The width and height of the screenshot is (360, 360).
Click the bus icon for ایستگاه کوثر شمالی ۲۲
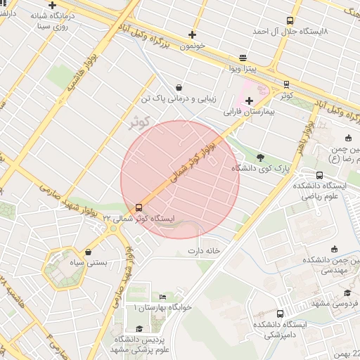pos(139,207)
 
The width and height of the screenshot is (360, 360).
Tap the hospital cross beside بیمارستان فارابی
pos(249,101)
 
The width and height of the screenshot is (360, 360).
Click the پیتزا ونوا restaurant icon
pos(243,58)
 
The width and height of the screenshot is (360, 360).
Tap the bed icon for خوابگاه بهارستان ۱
pos(163,297)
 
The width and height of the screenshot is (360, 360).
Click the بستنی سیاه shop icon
pos(88,252)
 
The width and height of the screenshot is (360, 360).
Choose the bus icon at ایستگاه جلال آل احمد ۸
pos(290,21)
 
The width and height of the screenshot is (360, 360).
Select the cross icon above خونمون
pos(192,34)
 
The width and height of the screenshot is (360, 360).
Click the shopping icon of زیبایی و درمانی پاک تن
pos(179,88)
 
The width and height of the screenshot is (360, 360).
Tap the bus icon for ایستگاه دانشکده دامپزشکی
pos(281,314)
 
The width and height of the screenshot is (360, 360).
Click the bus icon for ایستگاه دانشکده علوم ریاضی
pos(320,175)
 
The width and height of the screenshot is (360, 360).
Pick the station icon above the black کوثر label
pos(286,84)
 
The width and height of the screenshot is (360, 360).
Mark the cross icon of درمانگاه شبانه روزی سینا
pos(52,5)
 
